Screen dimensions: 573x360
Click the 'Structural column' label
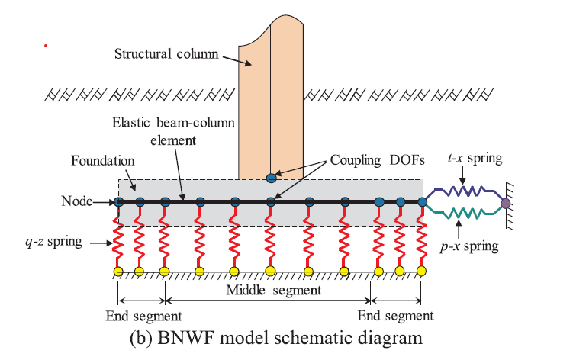[166, 53]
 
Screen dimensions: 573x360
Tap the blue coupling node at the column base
[271, 178]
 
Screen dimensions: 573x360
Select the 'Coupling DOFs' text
[377, 160]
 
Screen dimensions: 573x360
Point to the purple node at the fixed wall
[505, 203]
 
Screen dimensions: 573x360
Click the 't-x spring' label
[475, 158]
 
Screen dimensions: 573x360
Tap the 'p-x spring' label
[469, 246]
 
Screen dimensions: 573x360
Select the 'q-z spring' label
[53, 242]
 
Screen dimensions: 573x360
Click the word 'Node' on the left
[77, 201]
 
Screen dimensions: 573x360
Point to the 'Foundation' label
[103, 161]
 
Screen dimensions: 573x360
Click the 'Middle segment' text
[274, 290]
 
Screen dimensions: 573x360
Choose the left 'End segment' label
[143, 316]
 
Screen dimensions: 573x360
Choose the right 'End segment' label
[395, 316]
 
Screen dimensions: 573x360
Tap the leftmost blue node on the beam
[118, 202]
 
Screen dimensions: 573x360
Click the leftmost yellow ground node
[118, 272]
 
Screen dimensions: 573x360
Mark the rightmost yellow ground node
[421, 271]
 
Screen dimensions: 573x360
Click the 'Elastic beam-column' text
[173, 123]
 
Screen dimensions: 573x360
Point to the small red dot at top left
[46, 46]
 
